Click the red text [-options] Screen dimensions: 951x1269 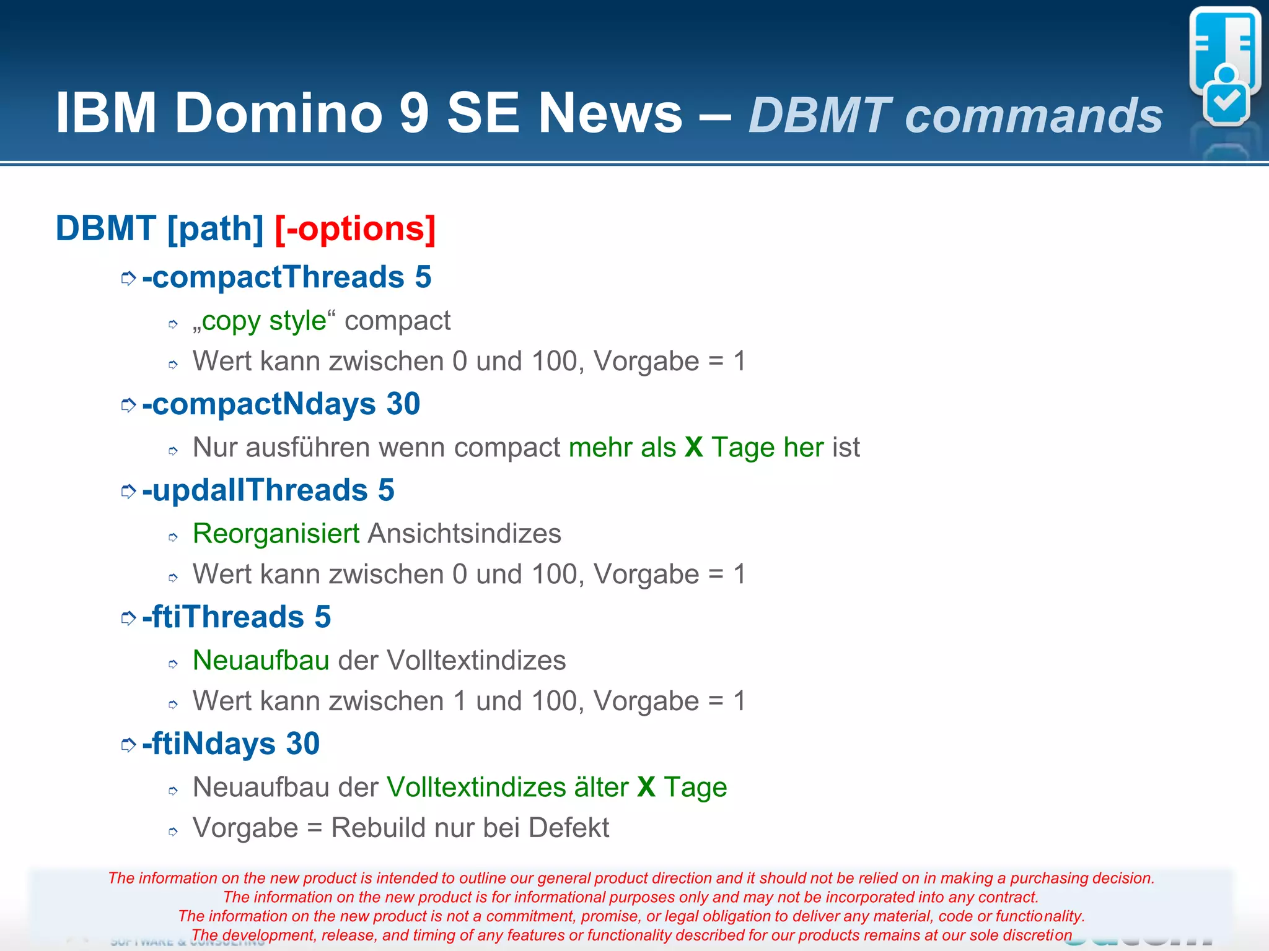355,228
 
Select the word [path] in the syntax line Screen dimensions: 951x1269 216,228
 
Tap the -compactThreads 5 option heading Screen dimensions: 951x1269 286,277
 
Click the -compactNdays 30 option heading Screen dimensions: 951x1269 281,404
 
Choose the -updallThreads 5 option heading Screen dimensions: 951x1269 268,490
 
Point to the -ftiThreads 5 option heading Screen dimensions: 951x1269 236,617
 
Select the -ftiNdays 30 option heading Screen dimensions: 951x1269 231,744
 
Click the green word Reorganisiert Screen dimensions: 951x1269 276,534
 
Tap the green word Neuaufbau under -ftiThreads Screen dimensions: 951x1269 261,661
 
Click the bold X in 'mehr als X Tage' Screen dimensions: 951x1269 694,447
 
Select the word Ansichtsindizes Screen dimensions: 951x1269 465,534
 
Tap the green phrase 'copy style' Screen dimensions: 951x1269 263,321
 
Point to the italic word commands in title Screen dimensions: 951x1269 1034,116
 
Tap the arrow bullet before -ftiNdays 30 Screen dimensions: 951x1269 128,745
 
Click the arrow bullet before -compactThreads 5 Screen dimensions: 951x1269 128,279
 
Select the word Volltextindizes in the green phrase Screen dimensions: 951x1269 476,788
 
